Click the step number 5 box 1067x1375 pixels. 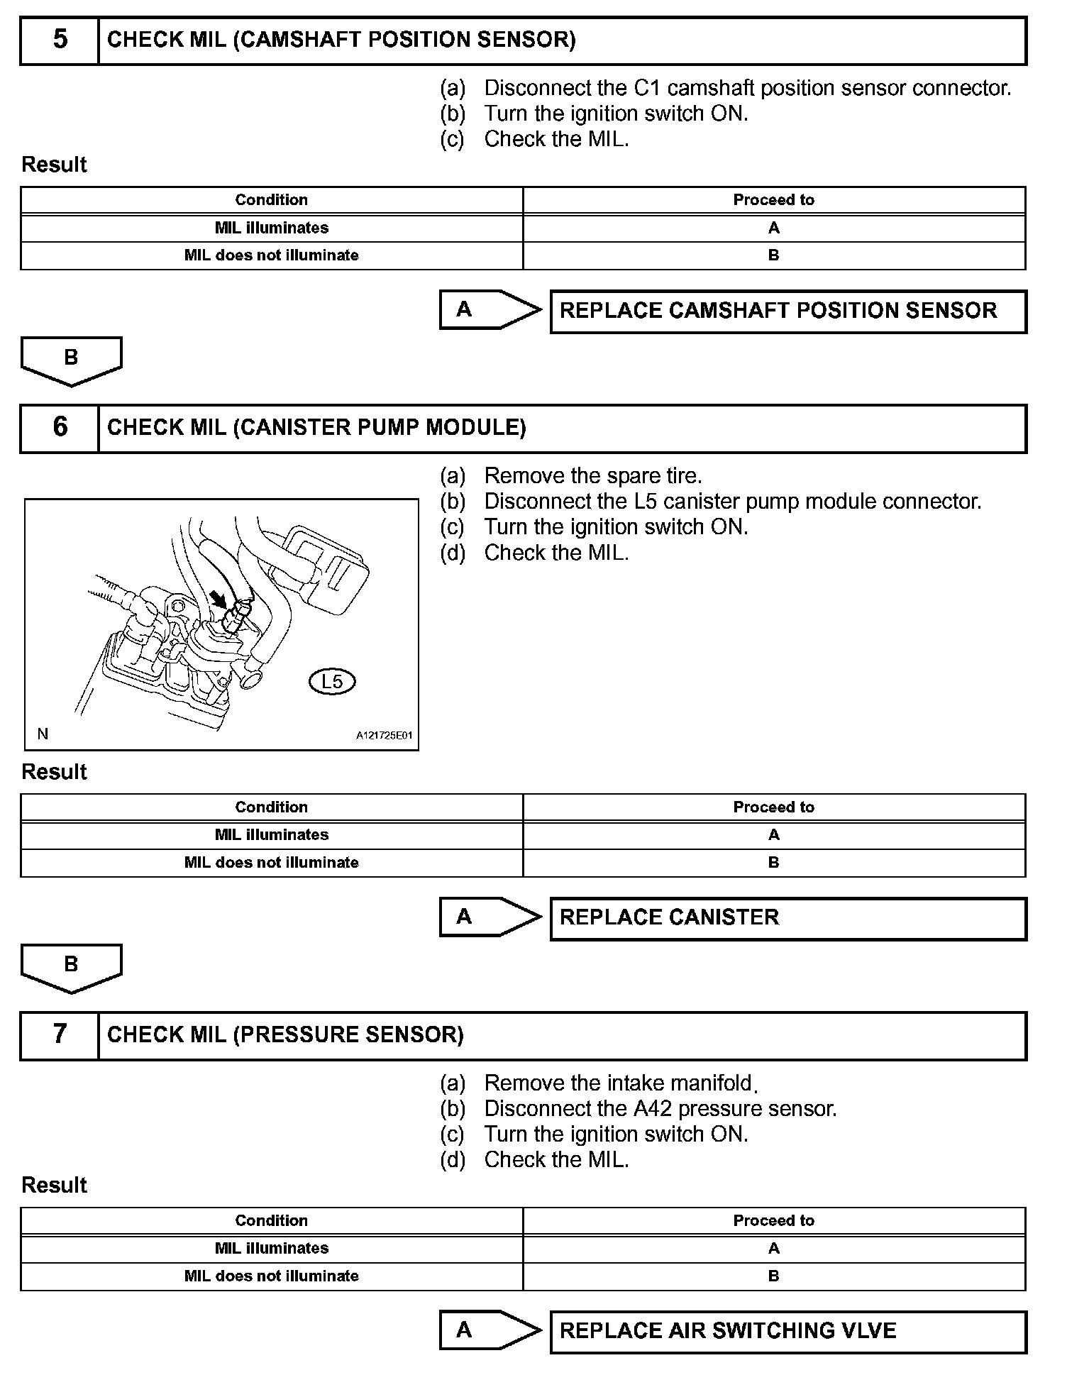[60, 40]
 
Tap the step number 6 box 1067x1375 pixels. [60, 428]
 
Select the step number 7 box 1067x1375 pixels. [60, 1035]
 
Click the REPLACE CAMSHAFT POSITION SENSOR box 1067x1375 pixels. [787, 311]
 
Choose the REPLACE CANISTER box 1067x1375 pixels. [787, 918]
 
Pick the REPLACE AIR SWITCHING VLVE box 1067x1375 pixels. [787, 1331]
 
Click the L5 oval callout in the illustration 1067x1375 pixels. [332, 682]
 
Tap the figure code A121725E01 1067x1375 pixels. [384, 736]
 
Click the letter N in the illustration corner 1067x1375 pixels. [43, 734]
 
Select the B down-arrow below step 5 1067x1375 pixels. [71, 360]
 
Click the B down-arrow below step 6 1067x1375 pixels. [71, 967]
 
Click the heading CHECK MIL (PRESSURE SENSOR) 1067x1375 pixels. [285, 1035]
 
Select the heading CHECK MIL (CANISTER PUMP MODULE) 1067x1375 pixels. [316, 428]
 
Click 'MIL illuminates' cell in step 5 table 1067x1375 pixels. [272, 228]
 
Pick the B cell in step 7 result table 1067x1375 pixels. [773, 1276]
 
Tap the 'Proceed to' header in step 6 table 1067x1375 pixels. [773, 807]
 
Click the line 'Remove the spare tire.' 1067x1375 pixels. [592, 476]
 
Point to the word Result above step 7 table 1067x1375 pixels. [54, 1185]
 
